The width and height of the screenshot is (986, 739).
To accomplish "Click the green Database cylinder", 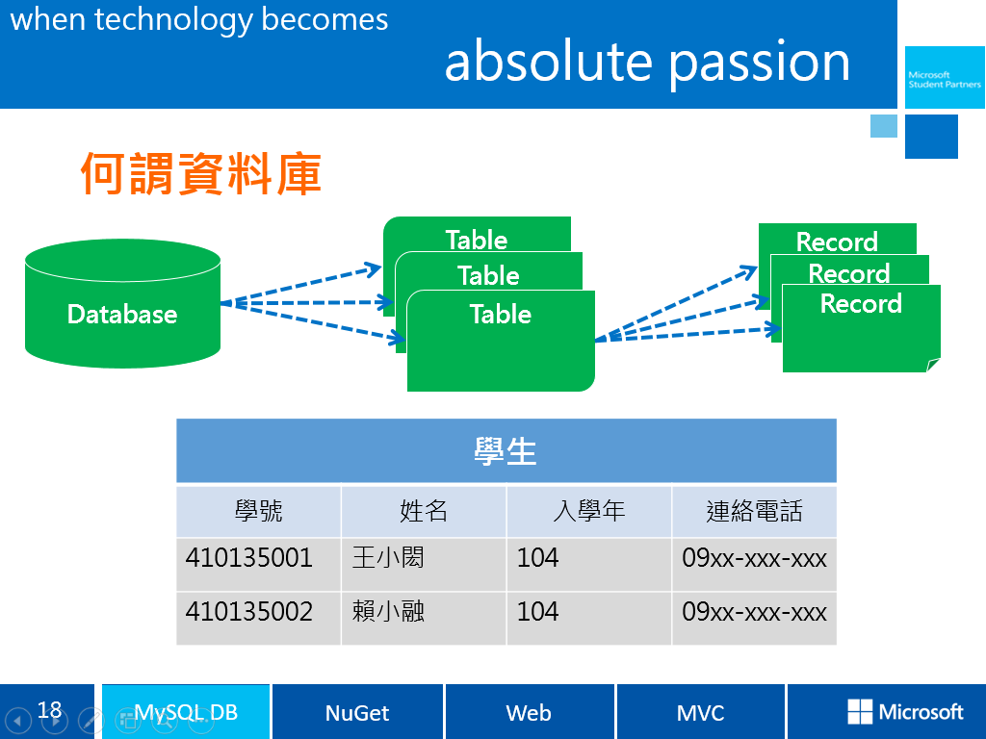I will point(122,303).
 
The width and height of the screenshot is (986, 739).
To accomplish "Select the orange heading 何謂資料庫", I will point(200,174).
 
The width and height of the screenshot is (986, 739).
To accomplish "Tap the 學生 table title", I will point(506,450).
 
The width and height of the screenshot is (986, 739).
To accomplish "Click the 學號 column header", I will point(259,511).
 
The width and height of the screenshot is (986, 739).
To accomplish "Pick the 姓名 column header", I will point(424,511).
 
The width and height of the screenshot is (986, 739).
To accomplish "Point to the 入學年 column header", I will point(588,511).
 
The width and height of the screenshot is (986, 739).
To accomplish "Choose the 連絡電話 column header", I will point(754,511).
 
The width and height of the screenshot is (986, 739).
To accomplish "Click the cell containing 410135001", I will point(249,558).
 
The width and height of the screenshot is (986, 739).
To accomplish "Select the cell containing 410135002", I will point(249,611).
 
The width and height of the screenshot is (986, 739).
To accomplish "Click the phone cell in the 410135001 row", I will point(754,558).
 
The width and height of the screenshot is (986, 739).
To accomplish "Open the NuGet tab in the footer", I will point(357,713).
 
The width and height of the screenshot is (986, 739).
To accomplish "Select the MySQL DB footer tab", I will point(186,713).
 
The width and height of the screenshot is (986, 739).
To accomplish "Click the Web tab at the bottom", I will point(529,713).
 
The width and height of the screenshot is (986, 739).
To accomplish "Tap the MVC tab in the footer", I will point(700,713).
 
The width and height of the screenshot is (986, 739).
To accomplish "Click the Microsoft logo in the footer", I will point(905,712).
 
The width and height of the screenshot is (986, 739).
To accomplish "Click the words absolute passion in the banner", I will point(647,62).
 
